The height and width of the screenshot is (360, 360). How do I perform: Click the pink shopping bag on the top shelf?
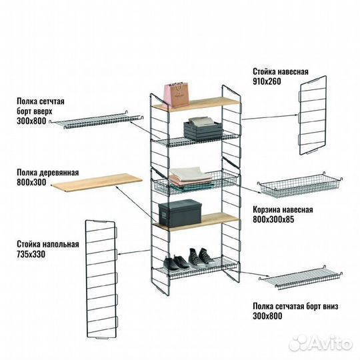(x=176, y=95)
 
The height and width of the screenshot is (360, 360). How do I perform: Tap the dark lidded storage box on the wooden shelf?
(x=180, y=213)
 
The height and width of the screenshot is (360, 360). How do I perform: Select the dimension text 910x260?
(x=267, y=81)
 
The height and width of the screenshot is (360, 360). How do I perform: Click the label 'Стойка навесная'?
(x=281, y=71)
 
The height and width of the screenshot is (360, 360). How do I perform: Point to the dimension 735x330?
(x=31, y=254)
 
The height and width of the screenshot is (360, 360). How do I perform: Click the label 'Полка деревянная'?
(x=48, y=173)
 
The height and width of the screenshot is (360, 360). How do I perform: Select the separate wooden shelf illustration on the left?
(x=97, y=182)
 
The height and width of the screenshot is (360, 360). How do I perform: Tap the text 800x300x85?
(x=273, y=219)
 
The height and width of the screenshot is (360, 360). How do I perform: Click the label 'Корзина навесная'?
(x=283, y=209)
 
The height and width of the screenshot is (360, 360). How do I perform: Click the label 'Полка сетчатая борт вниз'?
(x=295, y=306)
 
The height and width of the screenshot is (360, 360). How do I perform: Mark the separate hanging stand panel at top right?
(x=313, y=115)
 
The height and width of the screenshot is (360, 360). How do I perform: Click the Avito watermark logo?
(x=321, y=344)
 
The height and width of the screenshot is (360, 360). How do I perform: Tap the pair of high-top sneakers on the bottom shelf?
(x=199, y=257)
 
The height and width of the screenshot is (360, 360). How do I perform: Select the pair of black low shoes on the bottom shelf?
(x=176, y=263)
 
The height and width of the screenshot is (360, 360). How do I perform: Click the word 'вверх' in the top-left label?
(x=42, y=111)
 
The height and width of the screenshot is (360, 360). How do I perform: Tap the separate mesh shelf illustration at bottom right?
(x=301, y=277)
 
